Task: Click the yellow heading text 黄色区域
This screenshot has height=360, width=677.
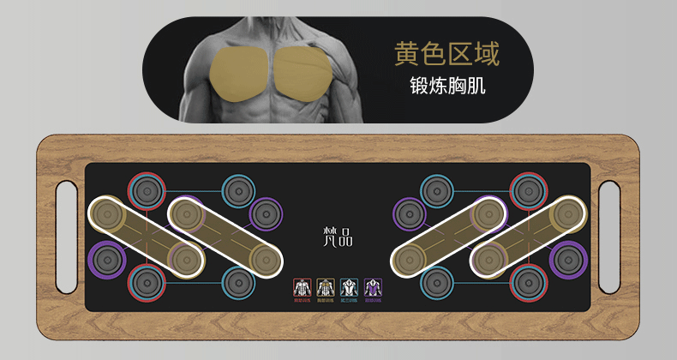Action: (x=446, y=53)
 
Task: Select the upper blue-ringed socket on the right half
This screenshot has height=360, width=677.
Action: (x=436, y=189)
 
